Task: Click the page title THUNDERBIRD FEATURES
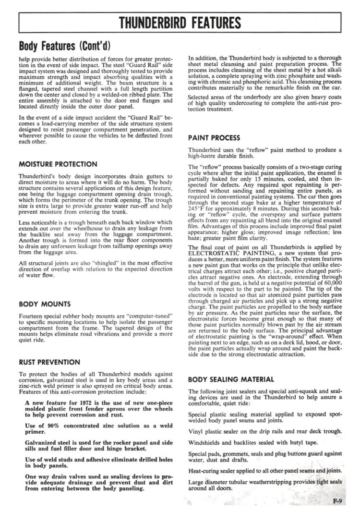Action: pos(180,23)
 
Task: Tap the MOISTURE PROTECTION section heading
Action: pos(58,164)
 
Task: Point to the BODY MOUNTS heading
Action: pos(45,304)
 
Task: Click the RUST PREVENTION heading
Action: pos(49,362)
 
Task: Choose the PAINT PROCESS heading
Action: pos(214,138)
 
